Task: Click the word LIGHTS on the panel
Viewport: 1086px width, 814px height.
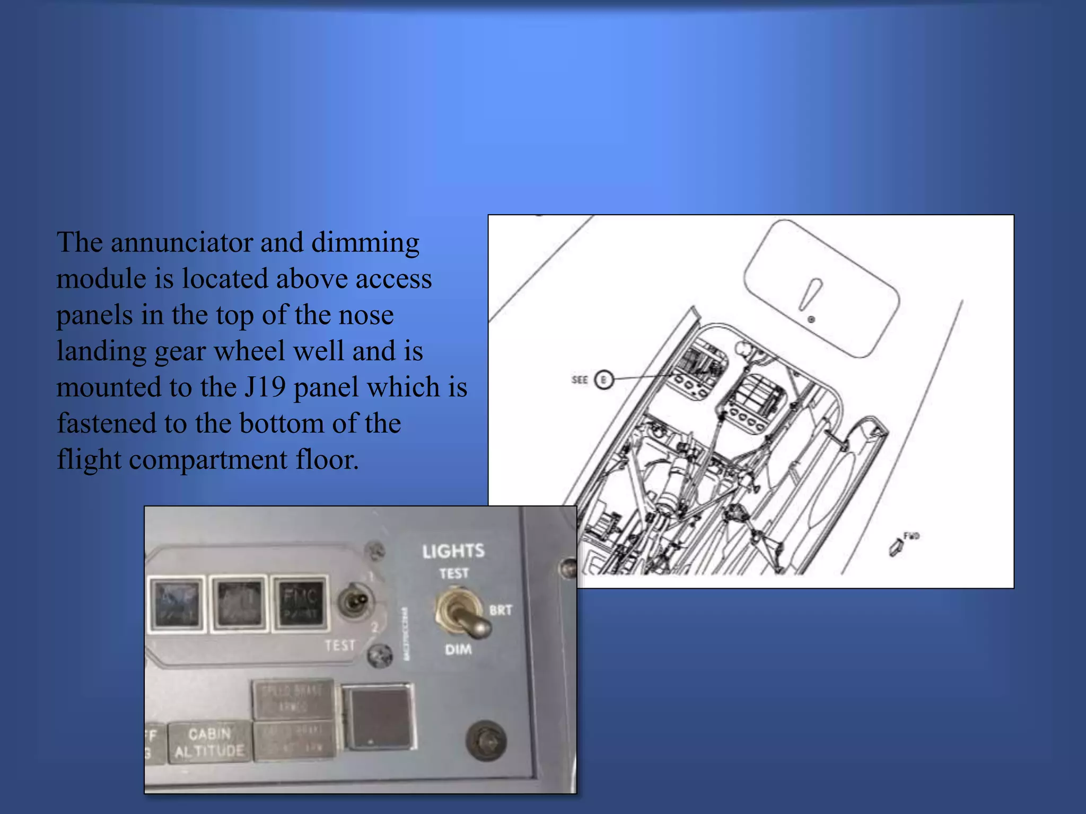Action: (453, 551)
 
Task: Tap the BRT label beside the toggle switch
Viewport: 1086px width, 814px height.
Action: (501, 610)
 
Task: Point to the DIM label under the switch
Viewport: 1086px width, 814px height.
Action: (458, 649)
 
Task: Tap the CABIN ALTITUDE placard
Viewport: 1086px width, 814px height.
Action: (209, 742)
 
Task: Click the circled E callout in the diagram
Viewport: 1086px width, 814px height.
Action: (603, 379)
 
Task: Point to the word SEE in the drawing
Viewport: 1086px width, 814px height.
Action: (580, 379)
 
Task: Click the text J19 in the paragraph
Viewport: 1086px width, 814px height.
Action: (265, 387)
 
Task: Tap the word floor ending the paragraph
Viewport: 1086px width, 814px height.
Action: (327, 459)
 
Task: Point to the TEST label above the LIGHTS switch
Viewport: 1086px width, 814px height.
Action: (454, 573)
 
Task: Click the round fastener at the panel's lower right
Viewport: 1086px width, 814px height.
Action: (486, 741)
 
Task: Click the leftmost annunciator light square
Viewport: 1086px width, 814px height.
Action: (176, 604)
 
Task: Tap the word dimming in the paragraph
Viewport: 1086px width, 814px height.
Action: (365, 243)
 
